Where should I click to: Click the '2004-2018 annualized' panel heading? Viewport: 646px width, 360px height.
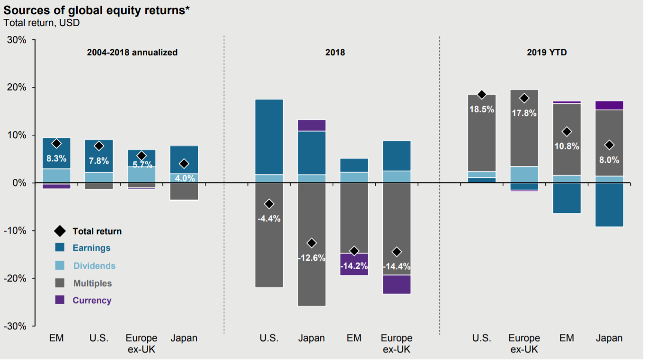(x=132, y=53)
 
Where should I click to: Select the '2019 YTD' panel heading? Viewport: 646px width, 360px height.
(x=547, y=53)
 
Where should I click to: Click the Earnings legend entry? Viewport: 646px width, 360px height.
(x=91, y=248)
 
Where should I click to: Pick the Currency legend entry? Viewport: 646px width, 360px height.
(x=92, y=300)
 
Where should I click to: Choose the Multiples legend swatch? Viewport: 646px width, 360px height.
(x=60, y=283)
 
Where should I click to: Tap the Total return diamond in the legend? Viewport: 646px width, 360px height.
(x=60, y=231)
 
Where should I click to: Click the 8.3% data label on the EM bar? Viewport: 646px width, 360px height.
(x=56, y=159)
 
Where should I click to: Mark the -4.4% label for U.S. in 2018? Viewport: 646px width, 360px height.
(x=269, y=219)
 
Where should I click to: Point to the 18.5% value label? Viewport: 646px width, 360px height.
(x=482, y=109)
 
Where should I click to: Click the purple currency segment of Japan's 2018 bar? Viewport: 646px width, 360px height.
(x=312, y=125)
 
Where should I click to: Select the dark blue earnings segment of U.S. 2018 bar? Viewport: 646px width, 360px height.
(x=269, y=137)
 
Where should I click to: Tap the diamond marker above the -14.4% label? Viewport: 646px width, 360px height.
(x=397, y=252)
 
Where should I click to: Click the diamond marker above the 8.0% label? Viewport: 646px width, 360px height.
(x=609, y=145)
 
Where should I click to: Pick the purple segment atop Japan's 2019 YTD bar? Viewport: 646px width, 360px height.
(x=609, y=105)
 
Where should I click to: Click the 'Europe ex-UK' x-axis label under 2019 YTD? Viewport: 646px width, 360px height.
(x=524, y=344)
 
